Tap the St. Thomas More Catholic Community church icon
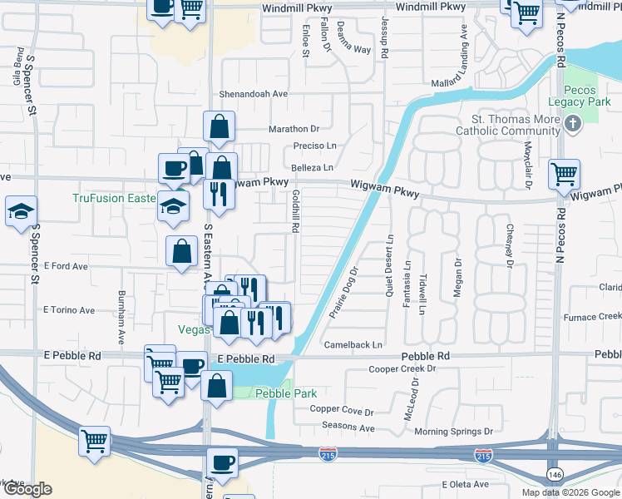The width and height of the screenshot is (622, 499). point(571,124)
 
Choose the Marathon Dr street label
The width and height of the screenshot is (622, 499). point(294,129)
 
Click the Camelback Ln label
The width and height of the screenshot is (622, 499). point(353,344)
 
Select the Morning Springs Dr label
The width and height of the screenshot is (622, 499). point(453,432)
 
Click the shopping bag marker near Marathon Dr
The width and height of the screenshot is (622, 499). point(220,126)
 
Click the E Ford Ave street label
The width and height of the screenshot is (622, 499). point(67,266)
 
